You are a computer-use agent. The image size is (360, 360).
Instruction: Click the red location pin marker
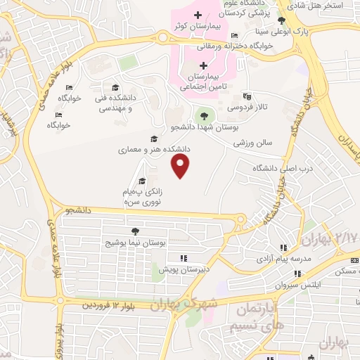[181, 166]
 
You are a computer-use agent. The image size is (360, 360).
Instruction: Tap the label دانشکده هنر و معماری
[155, 149]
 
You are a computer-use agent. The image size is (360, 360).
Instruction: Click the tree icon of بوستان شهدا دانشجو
[205, 115]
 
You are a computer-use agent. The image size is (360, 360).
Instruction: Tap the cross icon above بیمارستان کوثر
[198, 15]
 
